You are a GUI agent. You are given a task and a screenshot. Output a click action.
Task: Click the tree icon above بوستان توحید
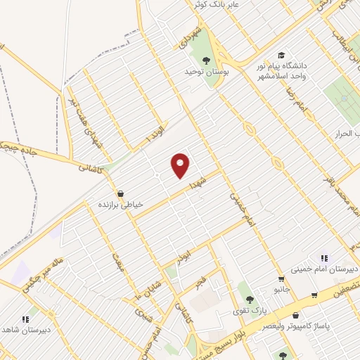206,58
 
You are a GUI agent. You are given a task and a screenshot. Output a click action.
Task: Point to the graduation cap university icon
281,54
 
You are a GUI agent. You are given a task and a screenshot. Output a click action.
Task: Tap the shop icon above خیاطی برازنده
121,193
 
